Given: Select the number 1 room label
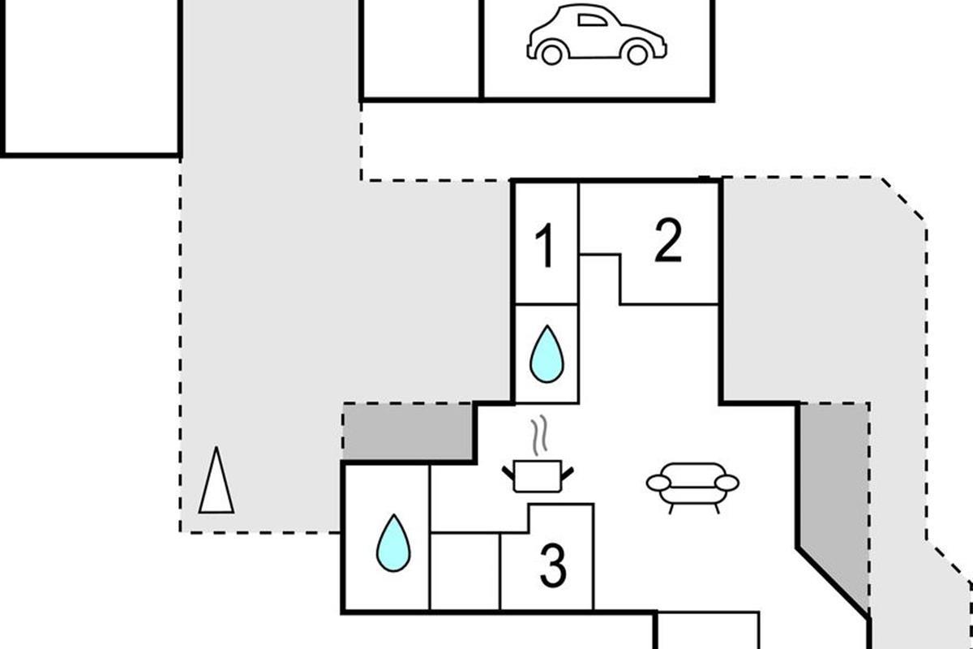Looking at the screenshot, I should [547, 247].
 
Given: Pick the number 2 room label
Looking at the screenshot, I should [668, 241].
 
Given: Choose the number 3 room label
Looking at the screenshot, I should [553, 567].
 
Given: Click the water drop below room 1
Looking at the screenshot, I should [547, 355].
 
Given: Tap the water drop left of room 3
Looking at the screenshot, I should [393, 543].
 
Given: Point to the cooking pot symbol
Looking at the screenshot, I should [538, 475].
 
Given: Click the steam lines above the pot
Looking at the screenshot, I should [538, 436].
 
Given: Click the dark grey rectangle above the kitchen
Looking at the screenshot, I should [408, 432].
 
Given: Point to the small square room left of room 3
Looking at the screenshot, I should [465, 570].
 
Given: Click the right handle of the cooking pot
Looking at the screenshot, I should [568, 470].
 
